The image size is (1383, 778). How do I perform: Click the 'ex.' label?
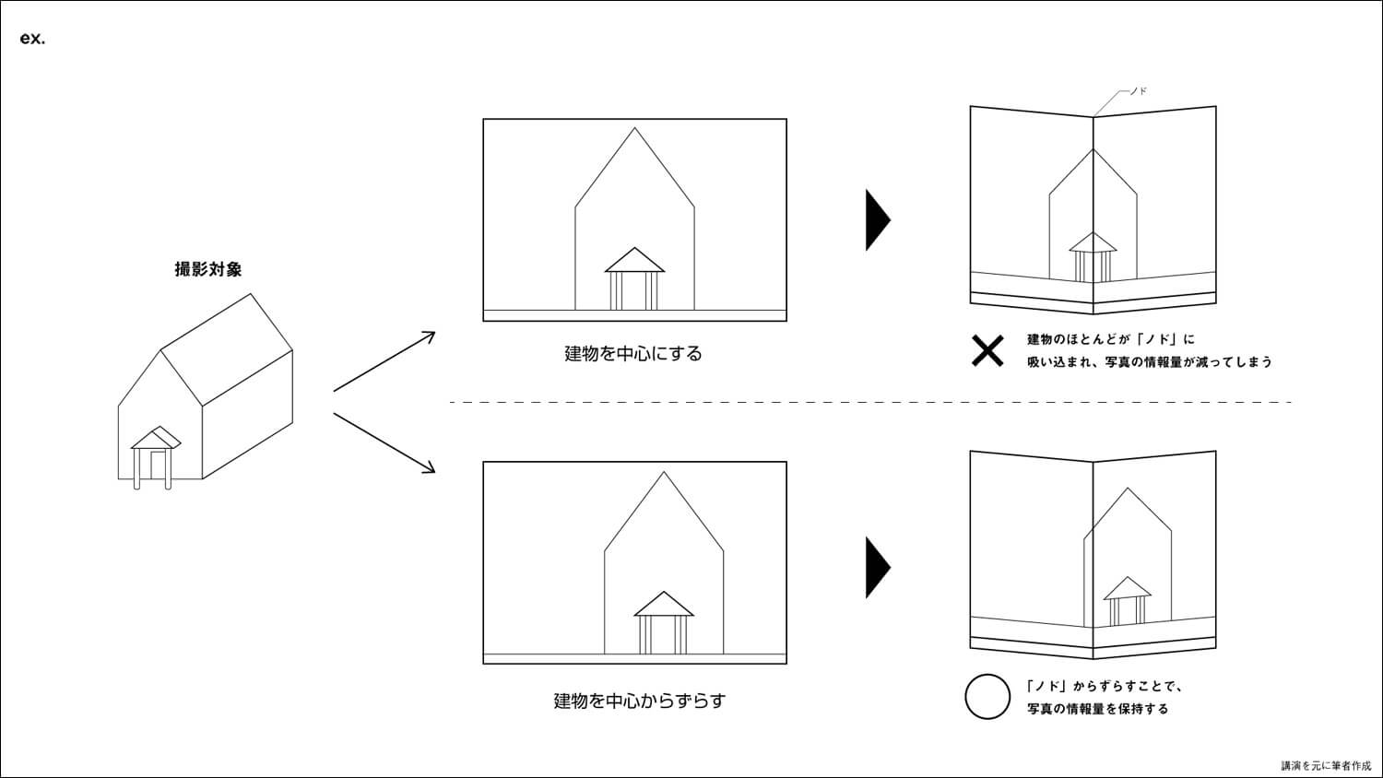(x=32, y=40)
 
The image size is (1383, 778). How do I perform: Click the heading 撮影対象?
(x=208, y=269)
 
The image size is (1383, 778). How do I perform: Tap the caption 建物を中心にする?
(x=633, y=354)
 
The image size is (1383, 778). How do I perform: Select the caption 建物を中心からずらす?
(x=639, y=701)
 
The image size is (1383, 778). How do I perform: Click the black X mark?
(x=987, y=350)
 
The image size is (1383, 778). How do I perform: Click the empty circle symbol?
(x=987, y=697)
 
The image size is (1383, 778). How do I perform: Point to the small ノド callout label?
(x=1138, y=91)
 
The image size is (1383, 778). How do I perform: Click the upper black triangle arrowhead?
(x=876, y=219)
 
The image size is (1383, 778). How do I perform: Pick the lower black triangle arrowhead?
(x=876, y=567)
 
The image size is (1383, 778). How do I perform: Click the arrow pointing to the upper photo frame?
(x=384, y=360)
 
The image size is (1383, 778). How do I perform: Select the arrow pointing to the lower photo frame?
(x=384, y=442)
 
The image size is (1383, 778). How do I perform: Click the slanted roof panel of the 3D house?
(x=227, y=349)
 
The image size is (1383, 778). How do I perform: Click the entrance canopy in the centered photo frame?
(x=634, y=262)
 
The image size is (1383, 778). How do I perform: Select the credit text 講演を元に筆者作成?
(x=1326, y=765)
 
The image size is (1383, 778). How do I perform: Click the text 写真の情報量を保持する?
(x=1098, y=709)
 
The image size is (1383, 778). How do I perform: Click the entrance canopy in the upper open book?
(x=1093, y=243)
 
